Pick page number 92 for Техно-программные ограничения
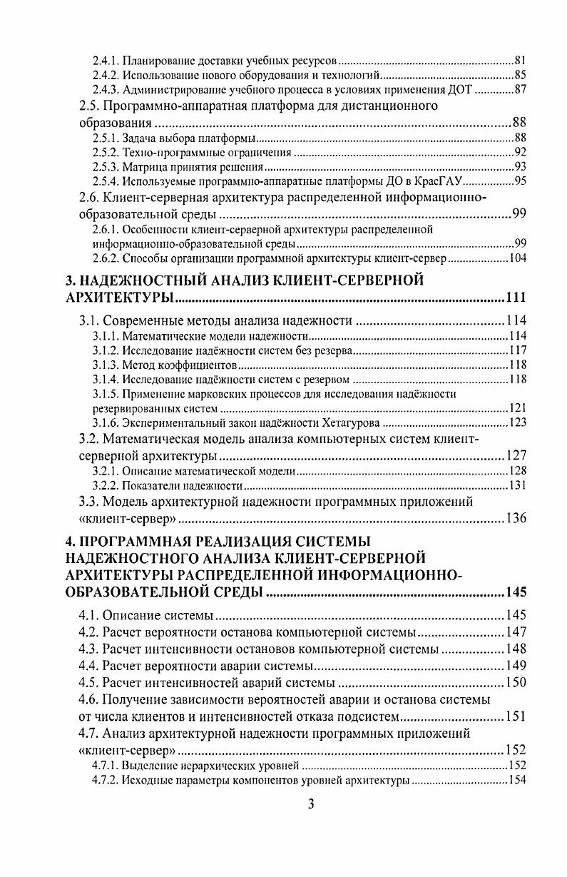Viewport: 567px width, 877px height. (x=519, y=153)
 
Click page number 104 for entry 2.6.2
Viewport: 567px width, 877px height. (x=516, y=258)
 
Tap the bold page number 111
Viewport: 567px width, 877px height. (x=515, y=298)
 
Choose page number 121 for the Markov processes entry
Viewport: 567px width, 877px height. (x=516, y=408)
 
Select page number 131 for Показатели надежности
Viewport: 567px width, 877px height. (x=516, y=486)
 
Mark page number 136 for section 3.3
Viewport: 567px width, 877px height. (x=515, y=518)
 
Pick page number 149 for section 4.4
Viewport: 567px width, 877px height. (x=515, y=666)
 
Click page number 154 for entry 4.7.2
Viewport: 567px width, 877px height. (x=516, y=780)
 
